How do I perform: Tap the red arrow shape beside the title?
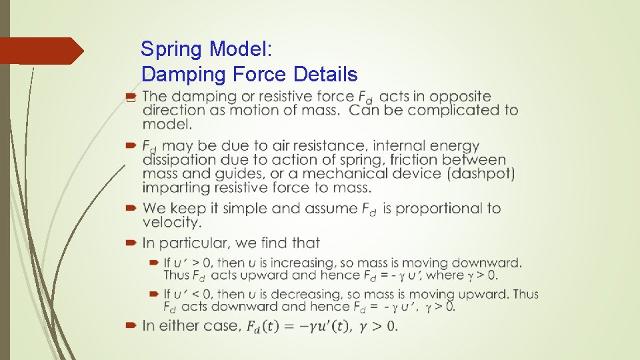(41, 51)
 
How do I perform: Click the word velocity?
(171, 222)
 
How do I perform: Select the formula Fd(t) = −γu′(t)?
(298, 326)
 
